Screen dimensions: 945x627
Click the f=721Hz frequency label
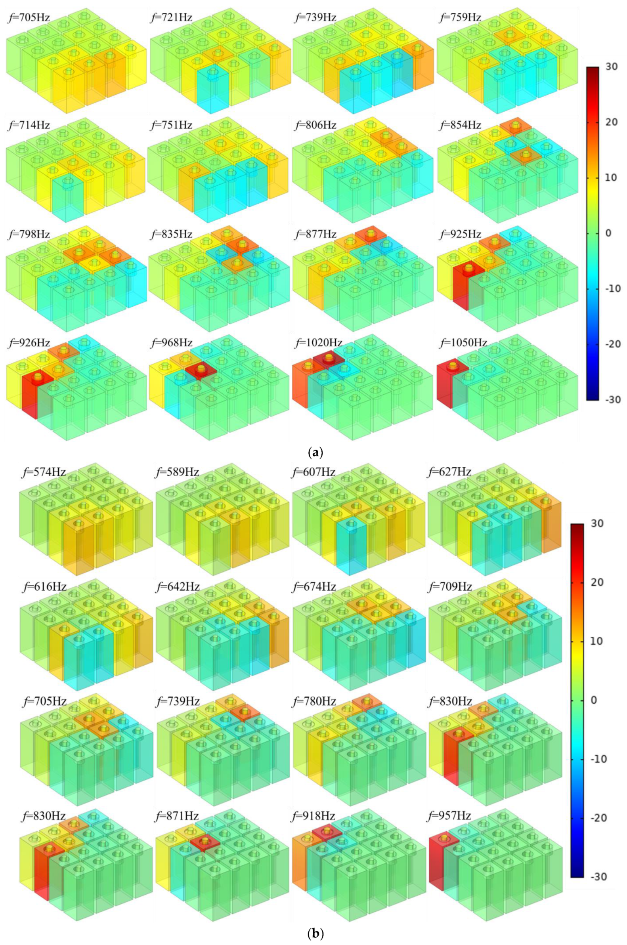point(171,17)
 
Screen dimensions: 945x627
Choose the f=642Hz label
point(177,587)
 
